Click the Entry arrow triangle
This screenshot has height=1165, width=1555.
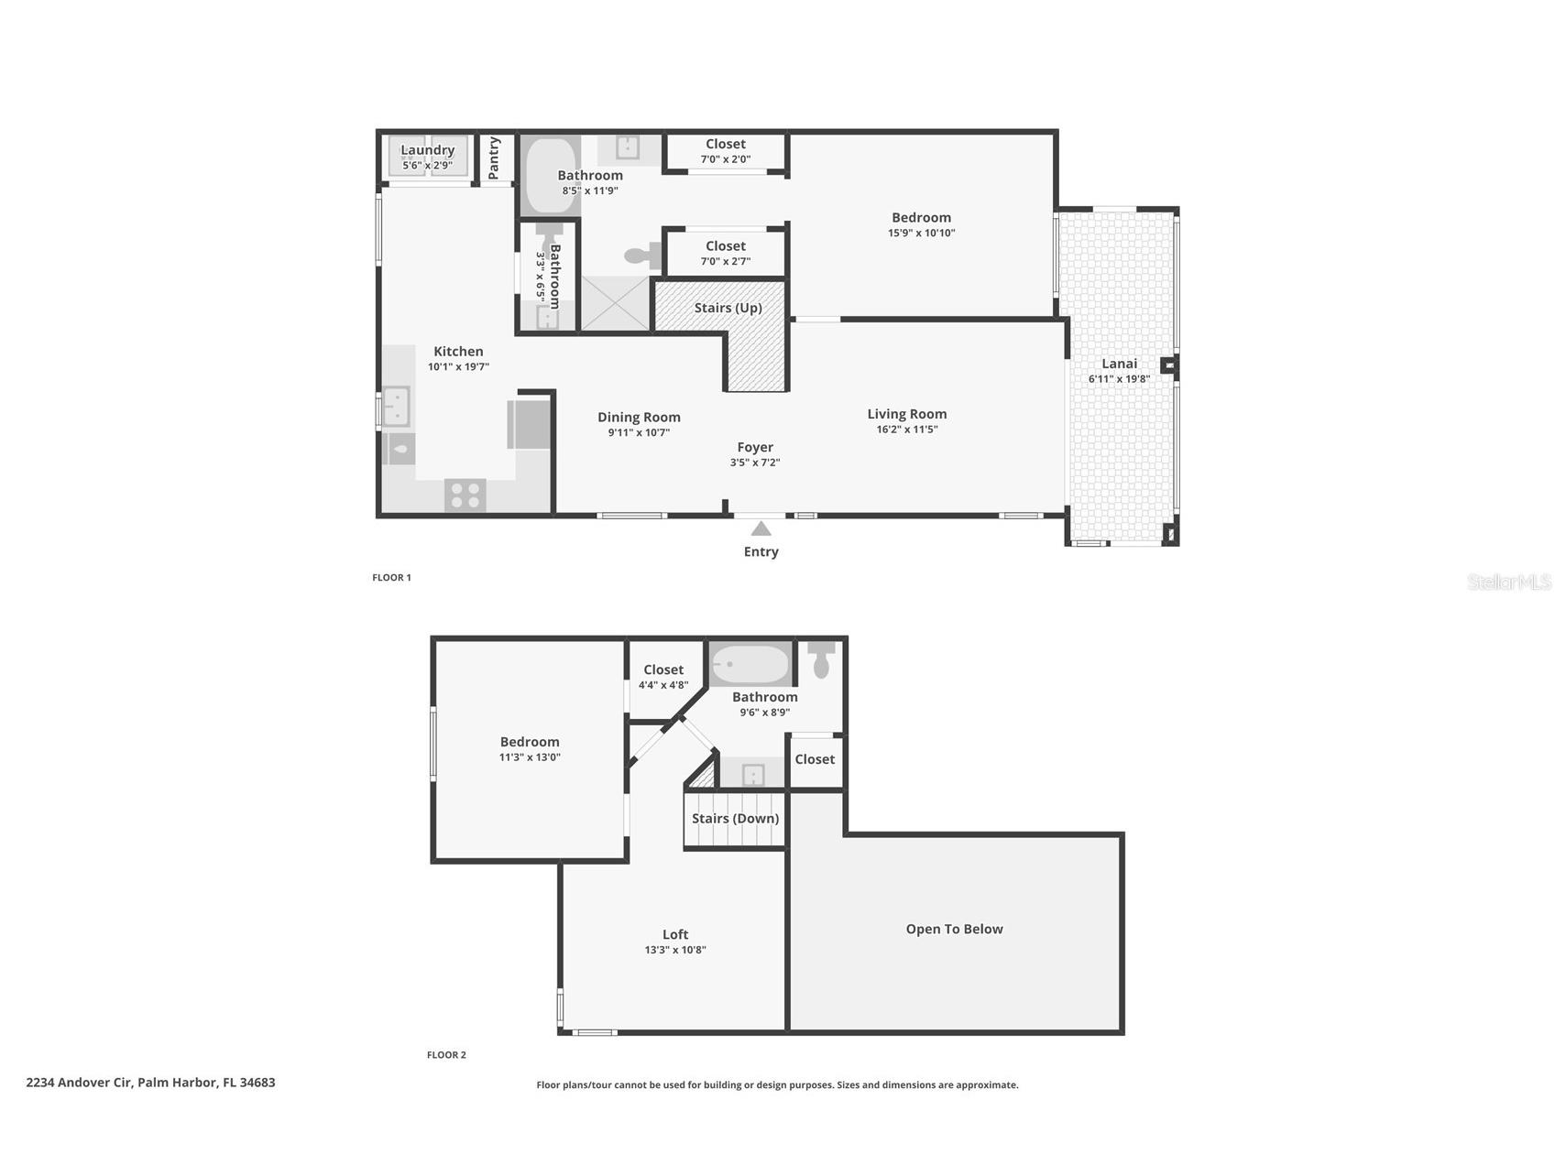761,528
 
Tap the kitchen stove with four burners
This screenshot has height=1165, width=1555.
465,495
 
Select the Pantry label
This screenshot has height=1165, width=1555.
495,158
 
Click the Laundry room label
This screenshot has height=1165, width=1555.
427,150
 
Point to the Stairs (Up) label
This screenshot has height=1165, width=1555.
728,308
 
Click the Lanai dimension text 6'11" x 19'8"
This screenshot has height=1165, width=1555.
1119,379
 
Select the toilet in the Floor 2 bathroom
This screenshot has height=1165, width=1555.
821,659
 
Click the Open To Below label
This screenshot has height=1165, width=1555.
954,929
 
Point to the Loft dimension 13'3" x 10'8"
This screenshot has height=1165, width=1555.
674,950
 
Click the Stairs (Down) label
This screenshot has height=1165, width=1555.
735,819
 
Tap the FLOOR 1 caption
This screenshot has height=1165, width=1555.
391,578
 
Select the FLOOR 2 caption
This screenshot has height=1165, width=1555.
446,1055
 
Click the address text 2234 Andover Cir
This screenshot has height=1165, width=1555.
80,1083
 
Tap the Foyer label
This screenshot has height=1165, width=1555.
755,448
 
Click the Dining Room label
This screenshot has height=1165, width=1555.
639,418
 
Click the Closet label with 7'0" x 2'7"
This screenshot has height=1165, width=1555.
725,246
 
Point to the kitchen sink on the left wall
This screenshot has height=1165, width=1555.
396,406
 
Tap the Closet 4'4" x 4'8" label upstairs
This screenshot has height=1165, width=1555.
663,670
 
